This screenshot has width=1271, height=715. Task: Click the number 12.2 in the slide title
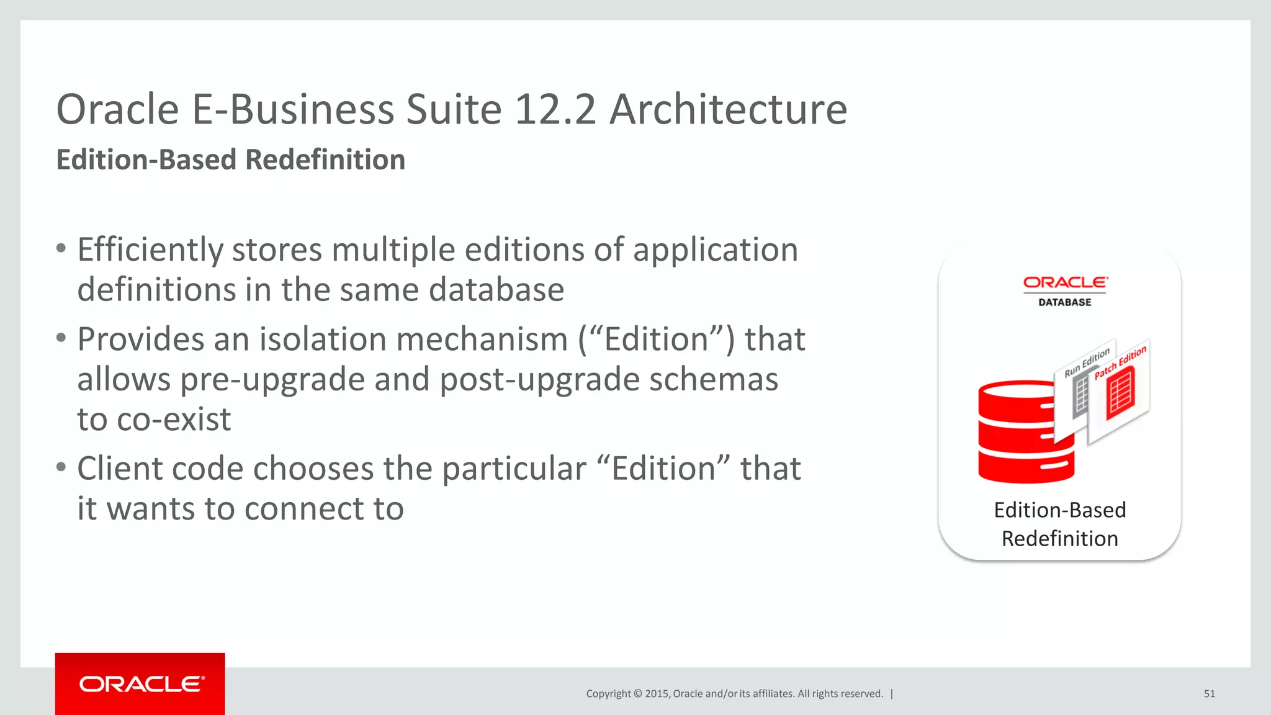(555, 110)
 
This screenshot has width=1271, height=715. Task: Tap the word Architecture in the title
(728, 110)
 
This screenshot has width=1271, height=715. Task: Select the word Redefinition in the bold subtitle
(325, 160)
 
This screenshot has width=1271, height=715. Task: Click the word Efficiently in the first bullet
(150, 250)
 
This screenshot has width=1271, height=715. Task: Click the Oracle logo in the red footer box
(141, 684)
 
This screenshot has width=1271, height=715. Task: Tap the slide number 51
(1209, 694)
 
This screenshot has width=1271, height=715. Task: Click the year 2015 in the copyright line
(657, 694)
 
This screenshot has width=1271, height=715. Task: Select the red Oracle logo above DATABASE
(1065, 283)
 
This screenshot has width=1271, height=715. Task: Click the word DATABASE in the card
(1065, 302)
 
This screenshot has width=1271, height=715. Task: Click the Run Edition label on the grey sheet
(1087, 362)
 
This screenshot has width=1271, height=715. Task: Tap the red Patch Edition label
(1120, 362)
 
